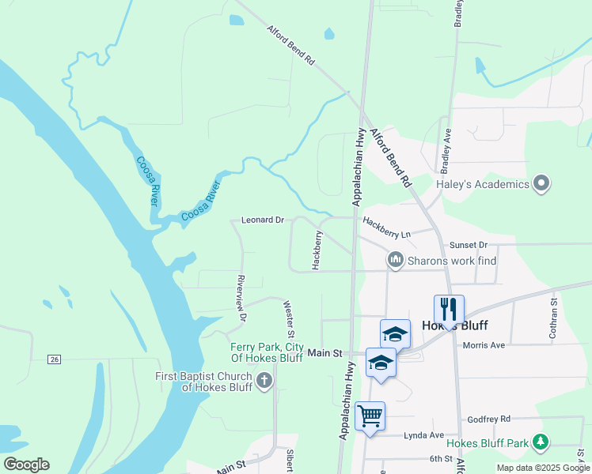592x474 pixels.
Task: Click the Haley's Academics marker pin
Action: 541,184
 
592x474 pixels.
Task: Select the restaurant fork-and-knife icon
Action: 449,309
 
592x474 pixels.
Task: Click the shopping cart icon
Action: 370,416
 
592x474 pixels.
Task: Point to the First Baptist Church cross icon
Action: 264,382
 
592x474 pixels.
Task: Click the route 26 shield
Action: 54,360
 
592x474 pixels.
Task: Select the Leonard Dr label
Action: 262,220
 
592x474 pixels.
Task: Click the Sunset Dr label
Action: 469,246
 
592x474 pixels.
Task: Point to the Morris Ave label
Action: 484,345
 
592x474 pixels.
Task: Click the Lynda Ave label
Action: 424,435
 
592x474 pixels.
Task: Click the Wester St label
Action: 289,314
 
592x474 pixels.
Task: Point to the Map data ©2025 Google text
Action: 542,468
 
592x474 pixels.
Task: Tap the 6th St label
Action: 440,458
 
